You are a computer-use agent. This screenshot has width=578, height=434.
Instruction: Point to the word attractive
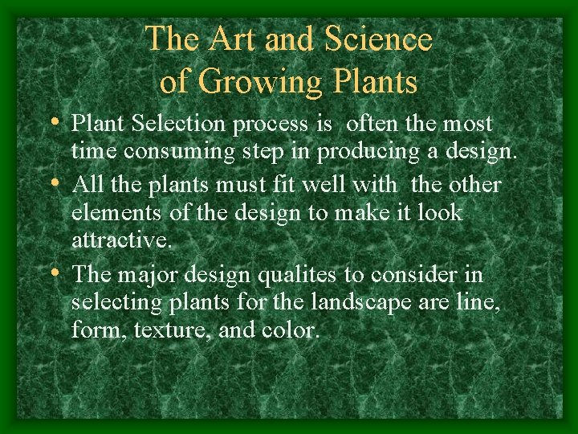pyautogui.click(x=120, y=240)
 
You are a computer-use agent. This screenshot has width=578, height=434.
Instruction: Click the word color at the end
pyautogui.click(x=291, y=329)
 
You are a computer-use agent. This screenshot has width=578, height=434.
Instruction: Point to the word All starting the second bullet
pyautogui.click(x=88, y=186)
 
